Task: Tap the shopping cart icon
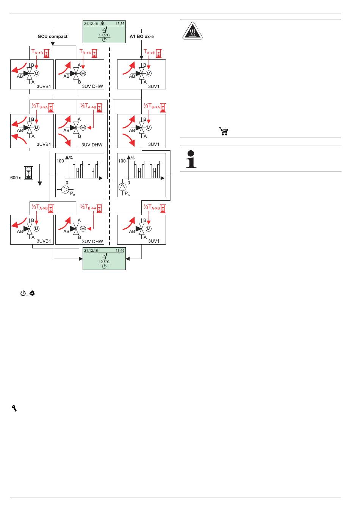[x=223, y=131]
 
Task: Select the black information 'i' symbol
[x=191, y=159]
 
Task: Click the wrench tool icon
[x=14, y=408]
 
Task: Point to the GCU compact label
[x=52, y=36]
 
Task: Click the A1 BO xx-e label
[x=142, y=36]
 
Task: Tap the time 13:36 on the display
[x=120, y=24]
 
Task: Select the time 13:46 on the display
[x=120, y=251]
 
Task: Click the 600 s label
[x=16, y=178]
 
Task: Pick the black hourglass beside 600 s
[x=28, y=173]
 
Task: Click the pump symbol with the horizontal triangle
[x=65, y=190]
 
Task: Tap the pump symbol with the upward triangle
[x=122, y=187]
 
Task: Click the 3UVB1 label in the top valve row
[x=44, y=86]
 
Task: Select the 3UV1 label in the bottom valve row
[x=153, y=241]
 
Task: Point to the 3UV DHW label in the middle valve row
[x=92, y=145]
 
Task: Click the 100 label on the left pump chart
[x=60, y=161]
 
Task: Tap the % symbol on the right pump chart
[x=133, y=158]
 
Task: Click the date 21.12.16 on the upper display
[x=91, y=24]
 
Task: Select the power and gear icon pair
[x=28, y=293]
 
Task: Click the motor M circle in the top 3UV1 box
[x=149, y=73]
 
